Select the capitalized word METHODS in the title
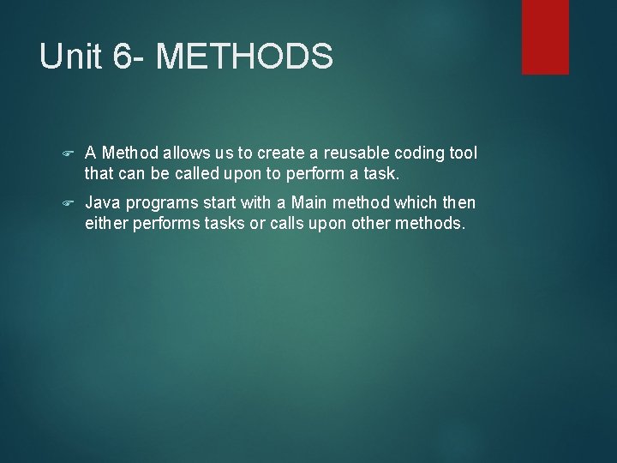(246, 57)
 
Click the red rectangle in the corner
(545, 36)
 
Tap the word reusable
(353, 153)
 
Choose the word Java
(102, 202)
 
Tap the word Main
(297, 202)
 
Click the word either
(105, 224)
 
